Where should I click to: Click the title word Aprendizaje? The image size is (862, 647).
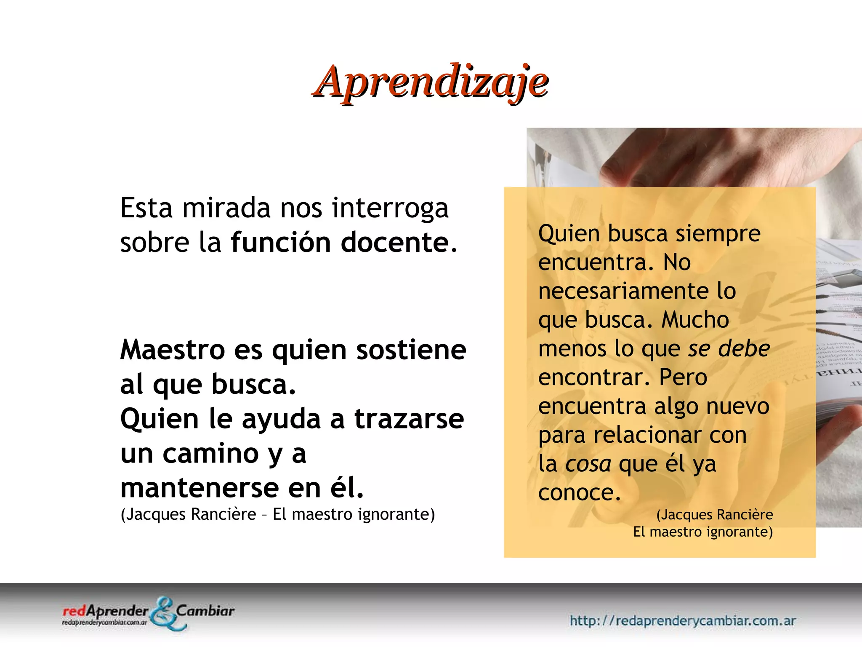coord(430,82)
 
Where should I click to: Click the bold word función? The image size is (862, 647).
coord(281,243)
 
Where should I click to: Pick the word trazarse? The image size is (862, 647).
coord(409,419)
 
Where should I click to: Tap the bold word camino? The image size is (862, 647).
coord(210,454)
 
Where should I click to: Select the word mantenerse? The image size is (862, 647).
coord(200,488)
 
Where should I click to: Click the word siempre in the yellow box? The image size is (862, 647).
coord(718,234)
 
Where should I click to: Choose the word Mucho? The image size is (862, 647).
coord(695,320)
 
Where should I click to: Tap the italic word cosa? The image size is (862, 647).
coord(588,464)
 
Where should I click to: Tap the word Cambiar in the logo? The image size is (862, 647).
coord(205,611)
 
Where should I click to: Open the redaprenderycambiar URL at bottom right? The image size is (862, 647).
coord(682,620)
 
